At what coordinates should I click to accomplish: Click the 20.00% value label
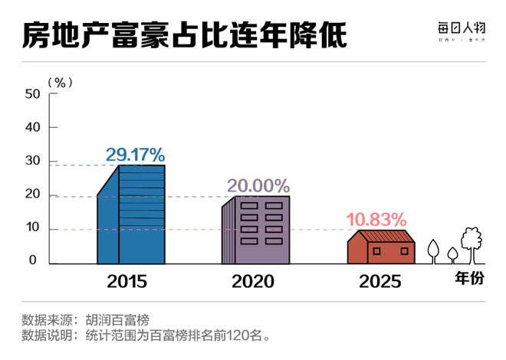click(x=258, y=185)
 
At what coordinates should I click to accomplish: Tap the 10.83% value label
click(x=376, y=220)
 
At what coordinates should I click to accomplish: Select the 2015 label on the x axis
click(x=127, y=281)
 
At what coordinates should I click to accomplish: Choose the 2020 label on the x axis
click(x=253, y=281)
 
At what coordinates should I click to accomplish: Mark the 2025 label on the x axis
click(x=379, y=281)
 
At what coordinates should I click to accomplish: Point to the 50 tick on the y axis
click(x=31, y=94)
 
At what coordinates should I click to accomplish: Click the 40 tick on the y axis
click(x=31, y=127)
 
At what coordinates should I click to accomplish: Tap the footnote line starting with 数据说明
click(x=146, y=335)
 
